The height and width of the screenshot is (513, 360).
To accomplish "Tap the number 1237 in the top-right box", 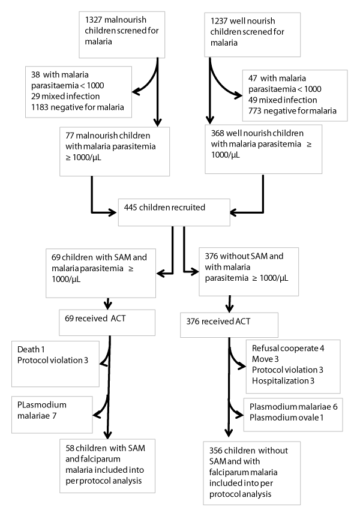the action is (x=219, y=21).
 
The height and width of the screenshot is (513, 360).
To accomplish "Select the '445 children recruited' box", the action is (x=174, y=212).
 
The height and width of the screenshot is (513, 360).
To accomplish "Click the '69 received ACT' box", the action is (x=107, y=323).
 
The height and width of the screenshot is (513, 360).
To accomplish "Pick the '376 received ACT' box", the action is (x=229, y=325).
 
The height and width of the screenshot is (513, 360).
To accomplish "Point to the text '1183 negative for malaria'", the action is (x=77, y=107).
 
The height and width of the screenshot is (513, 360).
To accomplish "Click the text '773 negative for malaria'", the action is (x=292, y=111).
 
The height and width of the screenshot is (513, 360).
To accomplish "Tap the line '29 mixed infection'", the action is (x=65, y=97).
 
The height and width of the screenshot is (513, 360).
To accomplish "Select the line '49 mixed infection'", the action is (x=283, y=100).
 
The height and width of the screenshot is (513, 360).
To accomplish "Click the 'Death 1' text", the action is (x=31, y=349).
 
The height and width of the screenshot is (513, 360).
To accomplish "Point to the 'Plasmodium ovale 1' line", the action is (x=286, y=418).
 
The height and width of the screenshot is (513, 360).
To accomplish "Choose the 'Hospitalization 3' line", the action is (x=283, y=381).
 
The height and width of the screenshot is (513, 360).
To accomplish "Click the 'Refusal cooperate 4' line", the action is (x=288, y=348).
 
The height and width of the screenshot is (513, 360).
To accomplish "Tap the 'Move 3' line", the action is (x=265, y=359).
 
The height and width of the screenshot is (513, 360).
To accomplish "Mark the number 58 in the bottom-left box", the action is (x=70, y=448).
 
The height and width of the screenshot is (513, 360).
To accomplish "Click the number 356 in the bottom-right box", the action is (x=215, y=451).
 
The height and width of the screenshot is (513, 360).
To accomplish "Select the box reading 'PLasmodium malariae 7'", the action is (x=52, y=415).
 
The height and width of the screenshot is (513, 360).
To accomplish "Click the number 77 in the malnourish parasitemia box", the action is (x=70, y=136).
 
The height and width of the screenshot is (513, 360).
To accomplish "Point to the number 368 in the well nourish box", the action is (x=218, y=133).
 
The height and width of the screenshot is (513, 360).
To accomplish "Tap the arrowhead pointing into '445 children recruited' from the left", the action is (x=113, y=212).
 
